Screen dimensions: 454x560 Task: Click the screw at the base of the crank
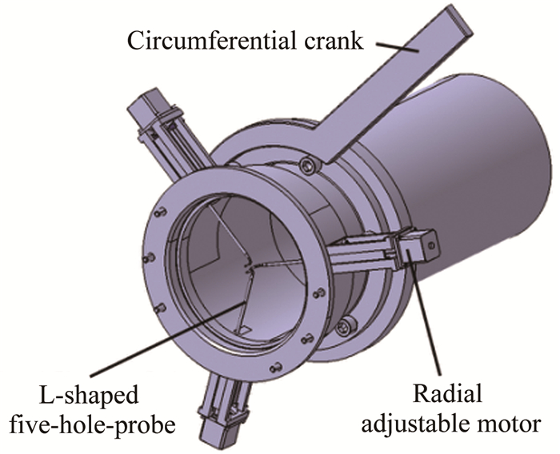[x=307, y=165]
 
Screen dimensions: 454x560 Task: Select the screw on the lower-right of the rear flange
[x=346, y=326]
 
